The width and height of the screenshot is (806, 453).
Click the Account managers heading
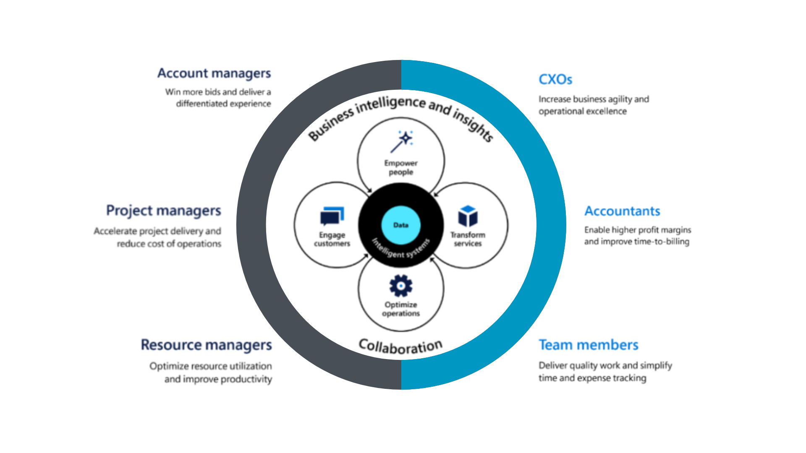(214, 73)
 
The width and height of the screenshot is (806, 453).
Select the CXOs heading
(555, 79)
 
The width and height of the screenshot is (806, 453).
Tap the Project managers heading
(163, 211)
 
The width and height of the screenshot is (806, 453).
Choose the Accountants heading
(622, 211)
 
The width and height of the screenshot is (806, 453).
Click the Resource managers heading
(206, 345)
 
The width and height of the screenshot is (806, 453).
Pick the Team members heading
(589, 345)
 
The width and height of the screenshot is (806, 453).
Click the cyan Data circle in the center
(401, 225)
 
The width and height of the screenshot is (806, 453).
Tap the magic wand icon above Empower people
(402, 142)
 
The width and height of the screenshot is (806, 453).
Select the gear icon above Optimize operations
(401, 286)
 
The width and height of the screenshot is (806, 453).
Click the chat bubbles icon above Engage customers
(332, 216)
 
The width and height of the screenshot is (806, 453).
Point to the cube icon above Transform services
(468, 216)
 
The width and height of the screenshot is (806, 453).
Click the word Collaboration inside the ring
(400, 346)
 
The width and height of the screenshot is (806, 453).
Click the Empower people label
(401, 167)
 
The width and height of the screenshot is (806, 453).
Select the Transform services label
(468, 239)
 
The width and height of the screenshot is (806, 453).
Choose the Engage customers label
(332, 239)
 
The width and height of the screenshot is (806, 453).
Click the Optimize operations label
(401, 309)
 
